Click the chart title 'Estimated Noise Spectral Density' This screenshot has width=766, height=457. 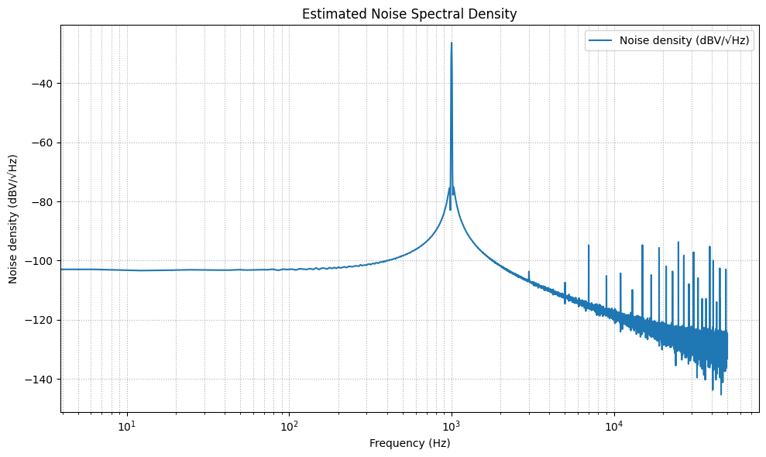(x=409, y=14)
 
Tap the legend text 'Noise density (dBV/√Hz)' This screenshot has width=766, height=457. (x=685, y=42)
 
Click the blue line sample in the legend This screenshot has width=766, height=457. (x=602, y=42)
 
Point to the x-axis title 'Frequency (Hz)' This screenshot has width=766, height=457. (x=410, y=443)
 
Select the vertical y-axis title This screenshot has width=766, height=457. (x=13, y=218)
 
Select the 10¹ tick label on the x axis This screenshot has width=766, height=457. (x=127, y=424)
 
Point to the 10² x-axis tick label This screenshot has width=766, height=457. (x=290, y=424)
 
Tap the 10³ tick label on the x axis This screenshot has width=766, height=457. (x=452, y=424)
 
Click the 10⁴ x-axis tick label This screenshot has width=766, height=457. (x=614, y=424)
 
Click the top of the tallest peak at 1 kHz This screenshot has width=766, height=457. (x=452, y=43)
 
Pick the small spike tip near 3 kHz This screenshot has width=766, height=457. (x=529, y=272)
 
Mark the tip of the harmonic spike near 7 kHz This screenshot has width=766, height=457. (x=589, y=246)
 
